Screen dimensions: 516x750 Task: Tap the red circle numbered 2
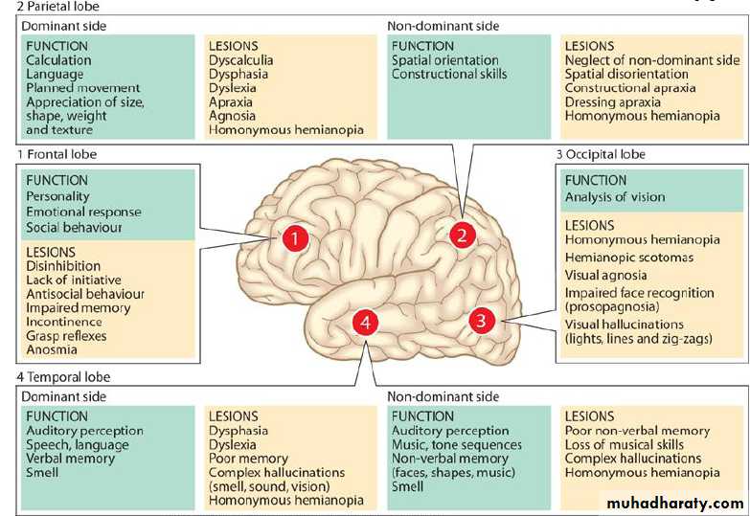[463, 235]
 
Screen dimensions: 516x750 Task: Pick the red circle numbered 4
[366, 324]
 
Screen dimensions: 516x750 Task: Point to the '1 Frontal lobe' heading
[57, 153]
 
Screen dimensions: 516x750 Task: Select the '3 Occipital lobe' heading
[601, 154]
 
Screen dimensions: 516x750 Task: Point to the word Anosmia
[52, 350]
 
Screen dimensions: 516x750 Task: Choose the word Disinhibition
[63, 267]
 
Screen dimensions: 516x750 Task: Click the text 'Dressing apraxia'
[613, 102]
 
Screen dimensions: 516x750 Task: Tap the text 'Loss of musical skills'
[625, 444]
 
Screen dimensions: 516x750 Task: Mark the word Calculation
[58, 59]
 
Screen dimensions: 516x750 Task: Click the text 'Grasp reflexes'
[67, 336]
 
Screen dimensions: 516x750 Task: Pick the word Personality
[58, 196]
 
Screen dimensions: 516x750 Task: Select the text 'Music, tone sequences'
[457, 444]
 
